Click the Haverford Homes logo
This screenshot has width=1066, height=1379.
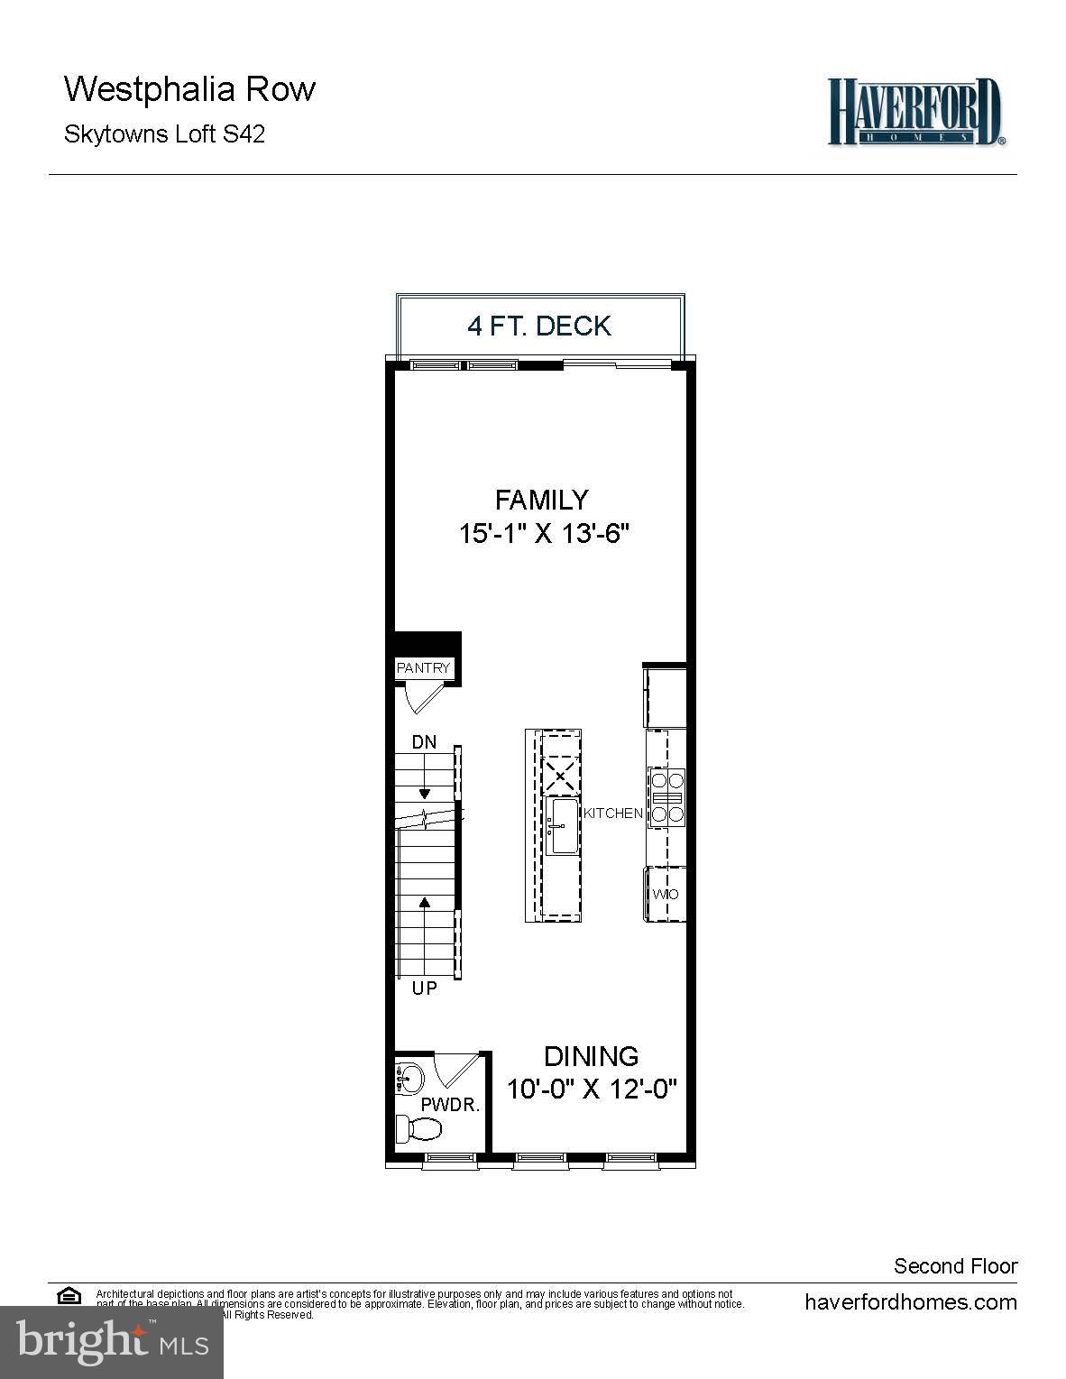coord(914,111)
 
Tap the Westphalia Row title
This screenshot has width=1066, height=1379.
coord(189,89)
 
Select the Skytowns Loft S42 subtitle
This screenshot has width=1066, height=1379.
coord(164,134)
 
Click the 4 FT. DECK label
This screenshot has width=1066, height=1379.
coord(539,326)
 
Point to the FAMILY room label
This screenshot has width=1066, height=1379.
coord(541,500)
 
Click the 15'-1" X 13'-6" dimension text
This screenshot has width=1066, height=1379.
coord(543,534)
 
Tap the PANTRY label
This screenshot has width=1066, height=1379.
coord(423,668)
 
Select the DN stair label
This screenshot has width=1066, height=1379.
coord(424,742)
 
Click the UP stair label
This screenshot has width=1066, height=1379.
coord(424,988)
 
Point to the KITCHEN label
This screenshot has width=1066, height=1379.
coord(613,814)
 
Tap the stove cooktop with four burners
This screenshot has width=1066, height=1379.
coord(667,797)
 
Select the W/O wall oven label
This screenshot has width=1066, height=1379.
coord(666,895)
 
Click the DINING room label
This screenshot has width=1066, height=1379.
coord(591,1056)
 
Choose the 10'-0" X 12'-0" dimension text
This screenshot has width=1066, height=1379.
coord(591,1089)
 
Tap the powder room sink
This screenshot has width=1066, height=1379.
coord(409,1078)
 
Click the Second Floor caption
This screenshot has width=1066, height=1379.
coord(955,1266)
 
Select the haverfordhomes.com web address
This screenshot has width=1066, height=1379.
coord(910,1302)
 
